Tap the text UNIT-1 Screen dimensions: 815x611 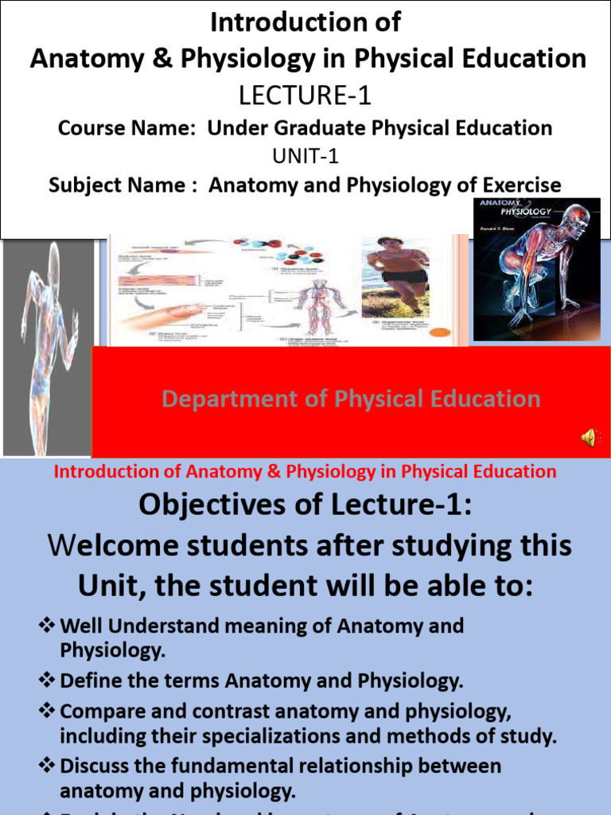[x=305, y=157]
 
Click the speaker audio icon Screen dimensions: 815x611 [x=590, y=436]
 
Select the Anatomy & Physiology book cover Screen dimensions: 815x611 [x=537, y=270]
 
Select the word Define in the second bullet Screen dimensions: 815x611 [x=88, y=680]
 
